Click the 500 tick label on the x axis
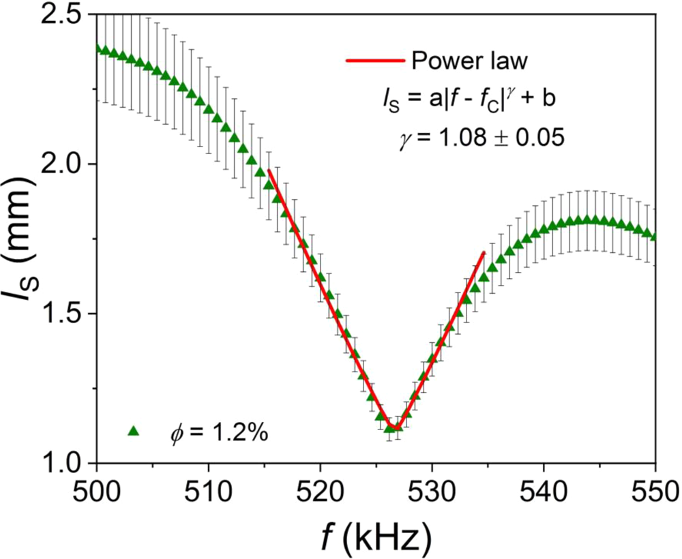click(x=97, y=489)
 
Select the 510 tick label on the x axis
click(x=208, y=489)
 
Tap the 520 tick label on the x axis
click(x=320, y=489)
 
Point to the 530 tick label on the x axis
click(x=432, y=489)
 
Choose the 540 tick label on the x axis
click(x=544, y=489)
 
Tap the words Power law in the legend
click(x=469, y=61)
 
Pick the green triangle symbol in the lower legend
click(x=134, y=430)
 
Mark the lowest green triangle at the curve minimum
click(x=389, y=427)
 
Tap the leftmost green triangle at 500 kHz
click(x=98, y=48)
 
